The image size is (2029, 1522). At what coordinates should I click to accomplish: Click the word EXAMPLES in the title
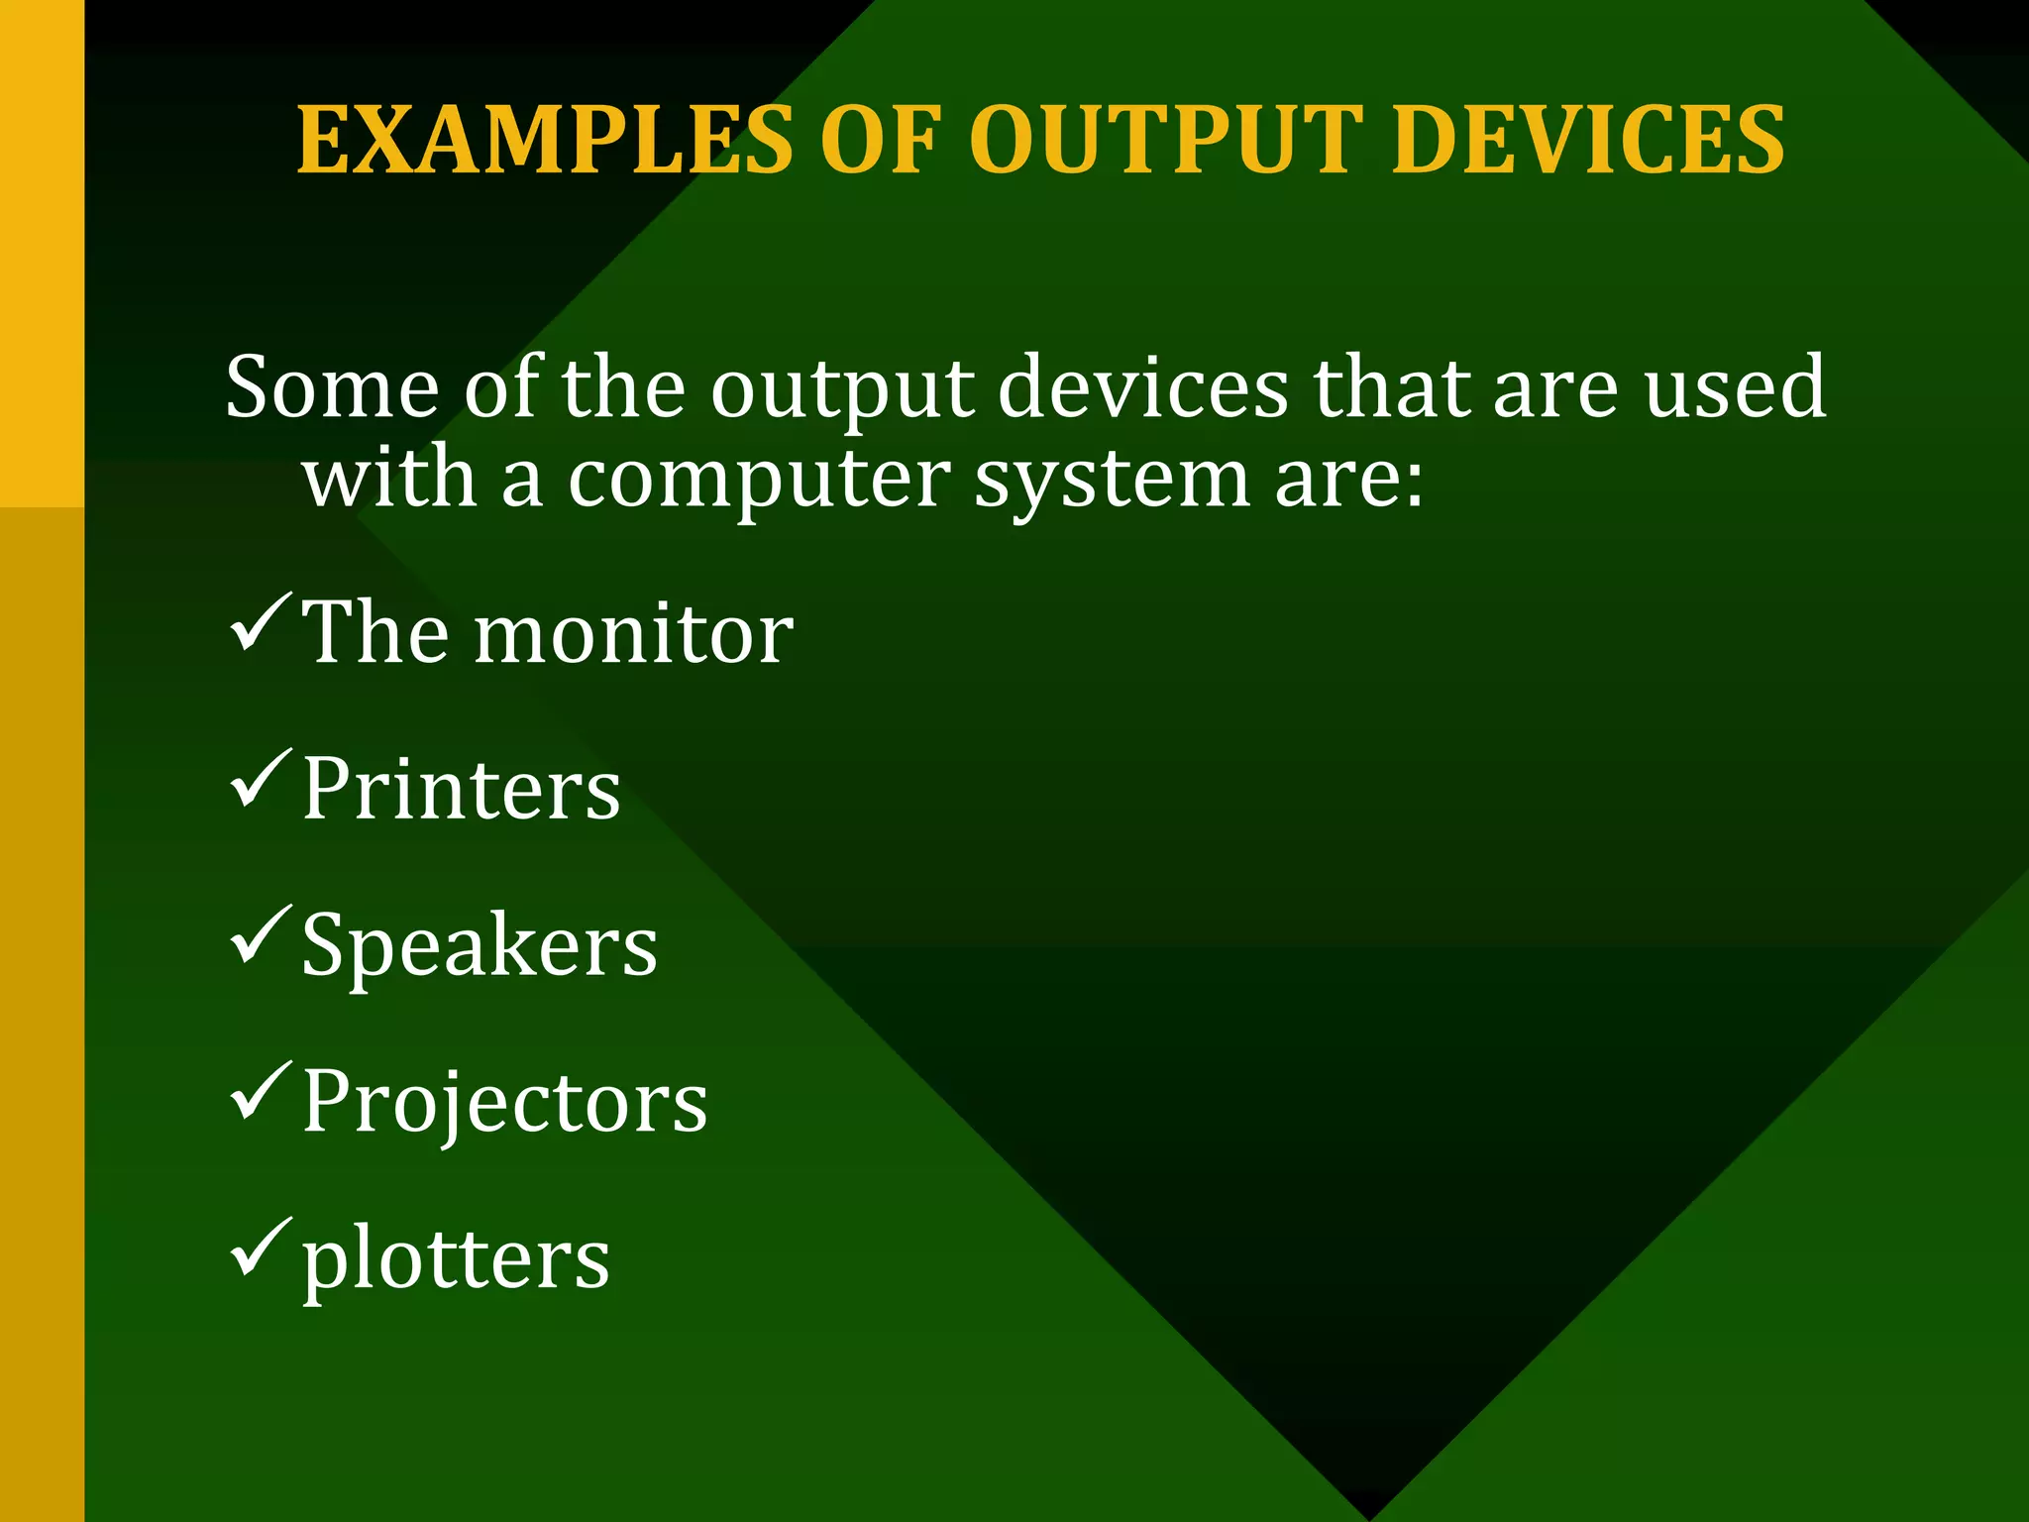545,141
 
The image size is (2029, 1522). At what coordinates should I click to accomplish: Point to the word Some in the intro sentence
332,387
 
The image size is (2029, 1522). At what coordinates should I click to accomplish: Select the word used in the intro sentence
1735,387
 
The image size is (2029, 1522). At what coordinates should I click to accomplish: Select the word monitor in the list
634,634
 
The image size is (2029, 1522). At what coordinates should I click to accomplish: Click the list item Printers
461,790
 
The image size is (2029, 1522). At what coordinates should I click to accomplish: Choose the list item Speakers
480,947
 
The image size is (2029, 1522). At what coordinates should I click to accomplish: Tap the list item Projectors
504,1103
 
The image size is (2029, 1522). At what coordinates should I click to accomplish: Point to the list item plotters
456,1261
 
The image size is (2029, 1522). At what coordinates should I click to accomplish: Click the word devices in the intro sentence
1143,387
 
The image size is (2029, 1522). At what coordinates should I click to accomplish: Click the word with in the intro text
390,480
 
